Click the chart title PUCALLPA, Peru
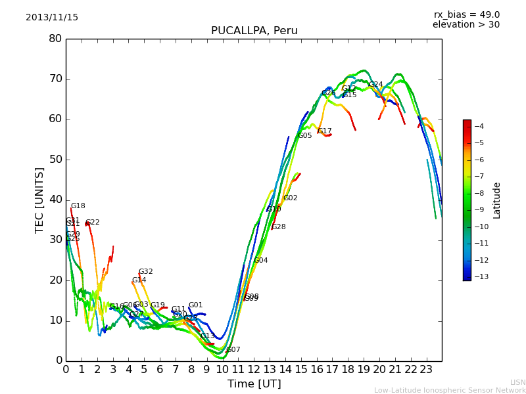(x=254, y=31)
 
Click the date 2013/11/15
(x=52, y=18)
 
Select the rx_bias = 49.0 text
(x=466, y=15)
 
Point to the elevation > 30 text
(x=466, y=25)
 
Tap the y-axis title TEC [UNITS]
(x=40, y=200)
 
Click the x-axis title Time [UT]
(x=254, y=384)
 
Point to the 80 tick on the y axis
(x=55, y=39)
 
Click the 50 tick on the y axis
(x=55, y=160)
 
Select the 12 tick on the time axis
(x=254, y=370)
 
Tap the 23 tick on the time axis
(x=426, y=370)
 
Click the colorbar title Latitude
(x=497, y=200)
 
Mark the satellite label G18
(x=78, y=206)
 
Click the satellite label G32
(x=145, y=272)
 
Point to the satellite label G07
(x=233, y=350)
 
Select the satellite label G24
(x=375, y=85)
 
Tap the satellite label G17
(x=325, y=131)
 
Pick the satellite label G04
(x=261, y=261)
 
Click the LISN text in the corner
(x=517, y=382)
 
